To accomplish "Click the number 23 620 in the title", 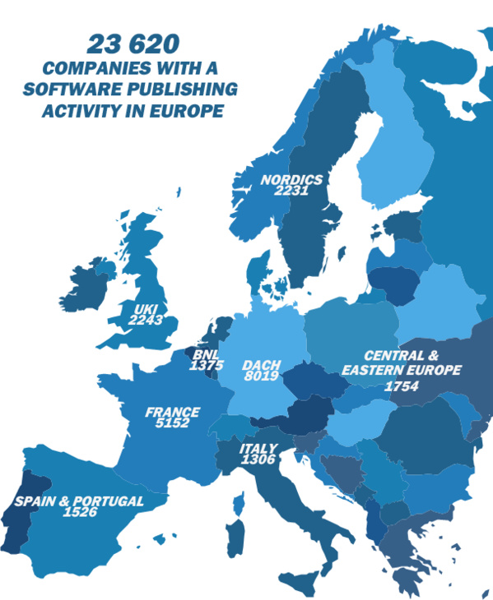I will pos(134,44).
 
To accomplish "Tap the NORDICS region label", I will pos(291,179).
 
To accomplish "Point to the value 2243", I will pos(146,321).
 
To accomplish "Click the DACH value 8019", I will pos(260,376).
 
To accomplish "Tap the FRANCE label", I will pos(172,412).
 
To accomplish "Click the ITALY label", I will pos(258,449).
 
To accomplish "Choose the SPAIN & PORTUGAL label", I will pos(79,501).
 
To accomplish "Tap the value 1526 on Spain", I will pos(80,512).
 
